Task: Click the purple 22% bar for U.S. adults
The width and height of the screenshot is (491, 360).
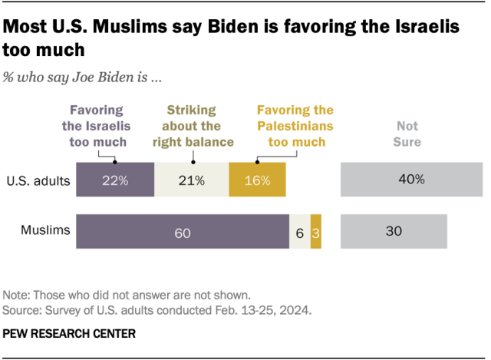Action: click(x=114, y=180)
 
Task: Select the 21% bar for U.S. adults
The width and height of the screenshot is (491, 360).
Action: click(x=191, y=180)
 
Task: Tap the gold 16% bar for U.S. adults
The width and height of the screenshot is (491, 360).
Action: click(x=257, y=180)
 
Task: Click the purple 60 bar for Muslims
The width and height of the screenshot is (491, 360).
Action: click(x=182, y=232)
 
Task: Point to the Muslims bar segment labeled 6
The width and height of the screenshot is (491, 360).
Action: click(x=299, y=232)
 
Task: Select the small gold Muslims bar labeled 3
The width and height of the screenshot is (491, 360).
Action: click(x=315, y=232)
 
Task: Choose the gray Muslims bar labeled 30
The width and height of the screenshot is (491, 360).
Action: click(x=393, y=232)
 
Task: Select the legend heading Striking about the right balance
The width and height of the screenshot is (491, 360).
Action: click(x=193, y=126)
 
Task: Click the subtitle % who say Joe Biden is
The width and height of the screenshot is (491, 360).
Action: click(x=80, y=78)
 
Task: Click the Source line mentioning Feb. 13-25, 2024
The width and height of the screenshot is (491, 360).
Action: click(x=157, y=311)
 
